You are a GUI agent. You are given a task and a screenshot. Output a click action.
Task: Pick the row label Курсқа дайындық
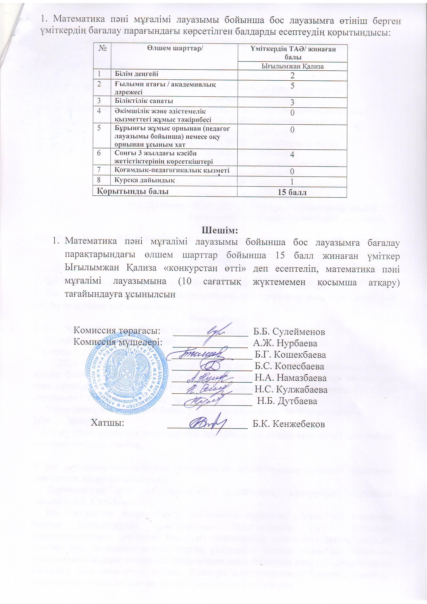tap(144, 180)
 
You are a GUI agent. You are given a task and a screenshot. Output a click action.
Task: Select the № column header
tap(102, 49)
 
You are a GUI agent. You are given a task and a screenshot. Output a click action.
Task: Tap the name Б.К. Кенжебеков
tap(288, 424)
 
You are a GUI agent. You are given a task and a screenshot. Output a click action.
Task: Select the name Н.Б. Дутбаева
tap(287, 401)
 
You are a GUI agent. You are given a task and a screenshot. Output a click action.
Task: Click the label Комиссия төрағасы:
tap(117, 331)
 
